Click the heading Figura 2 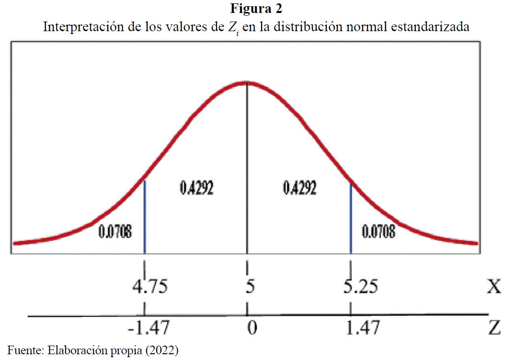(x=256, y=9)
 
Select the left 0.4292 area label (x=196, y=188)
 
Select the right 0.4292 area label (x=299, y=188)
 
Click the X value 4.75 (x=150, y=287)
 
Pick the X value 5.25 (x=360, y=287)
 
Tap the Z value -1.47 (x=148, y=328)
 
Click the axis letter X (x=494, y=287)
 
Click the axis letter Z (x=494, y=328)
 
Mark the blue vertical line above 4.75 (x=145, y=216)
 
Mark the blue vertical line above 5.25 (x=351, y=218)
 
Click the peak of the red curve (x=247, y=82)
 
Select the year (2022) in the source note (x=162, y=350)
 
